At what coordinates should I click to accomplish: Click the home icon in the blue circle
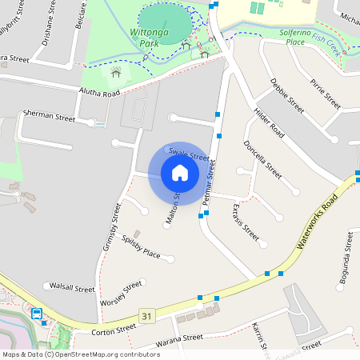coord(179,173)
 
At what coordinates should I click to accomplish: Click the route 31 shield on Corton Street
coord(145,317)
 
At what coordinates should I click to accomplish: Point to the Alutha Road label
coord(98,93)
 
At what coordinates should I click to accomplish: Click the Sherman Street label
coord(49,116)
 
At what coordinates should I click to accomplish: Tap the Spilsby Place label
coord(141,246)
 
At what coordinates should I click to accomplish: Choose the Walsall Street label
coord(72,286)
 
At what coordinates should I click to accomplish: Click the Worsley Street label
coord(121,295)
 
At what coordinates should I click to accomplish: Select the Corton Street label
coord(114,329)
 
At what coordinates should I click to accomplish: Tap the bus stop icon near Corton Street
coord(37,314)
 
